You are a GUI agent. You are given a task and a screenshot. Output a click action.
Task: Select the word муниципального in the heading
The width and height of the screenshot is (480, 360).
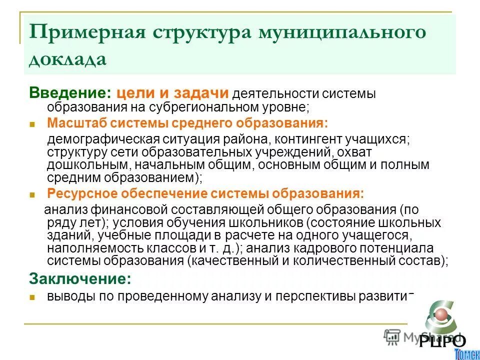[x=342, y=33]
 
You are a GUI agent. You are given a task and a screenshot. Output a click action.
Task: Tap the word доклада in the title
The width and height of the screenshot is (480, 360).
[x=68, y=59]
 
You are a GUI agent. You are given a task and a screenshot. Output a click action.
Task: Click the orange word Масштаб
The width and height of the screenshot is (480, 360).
[x=76, y=123]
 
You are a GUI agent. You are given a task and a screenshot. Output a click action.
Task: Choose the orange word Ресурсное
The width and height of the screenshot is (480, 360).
[x=80, y=193]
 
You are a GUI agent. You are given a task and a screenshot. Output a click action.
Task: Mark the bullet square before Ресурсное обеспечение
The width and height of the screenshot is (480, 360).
[x=32, y=195]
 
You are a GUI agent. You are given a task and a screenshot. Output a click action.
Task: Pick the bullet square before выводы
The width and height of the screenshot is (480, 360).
[x=32, y=297]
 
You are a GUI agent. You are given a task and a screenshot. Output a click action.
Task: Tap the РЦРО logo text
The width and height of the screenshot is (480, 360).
[x=442, y=341]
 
